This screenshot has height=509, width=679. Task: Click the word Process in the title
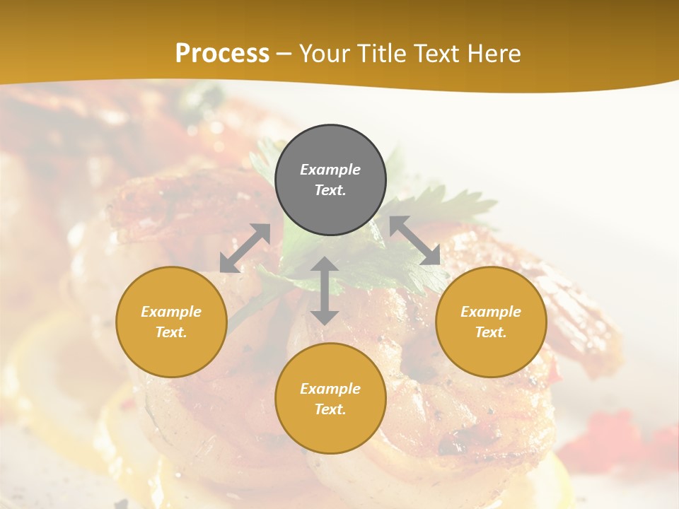pyautogui.click(x=222, y=54)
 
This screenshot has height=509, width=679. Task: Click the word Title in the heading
pyautogui.click(x=381, y=54)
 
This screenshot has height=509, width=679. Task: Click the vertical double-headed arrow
pyautogui.click(x=325, y=291)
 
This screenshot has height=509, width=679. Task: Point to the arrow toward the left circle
pyautogui.click(x=245, y=248)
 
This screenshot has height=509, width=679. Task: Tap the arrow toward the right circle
pyautogui.click(x=414, y=240)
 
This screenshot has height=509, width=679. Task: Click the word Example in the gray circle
pyautogui.click(x=330, y=170)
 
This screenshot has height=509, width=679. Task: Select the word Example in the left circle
pyautogui.click(x=171, y=312)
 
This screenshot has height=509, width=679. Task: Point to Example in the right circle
pyautogui.click(x=491, y=312)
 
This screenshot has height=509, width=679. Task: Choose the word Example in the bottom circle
pyautogui.click(x=330, y=389)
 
